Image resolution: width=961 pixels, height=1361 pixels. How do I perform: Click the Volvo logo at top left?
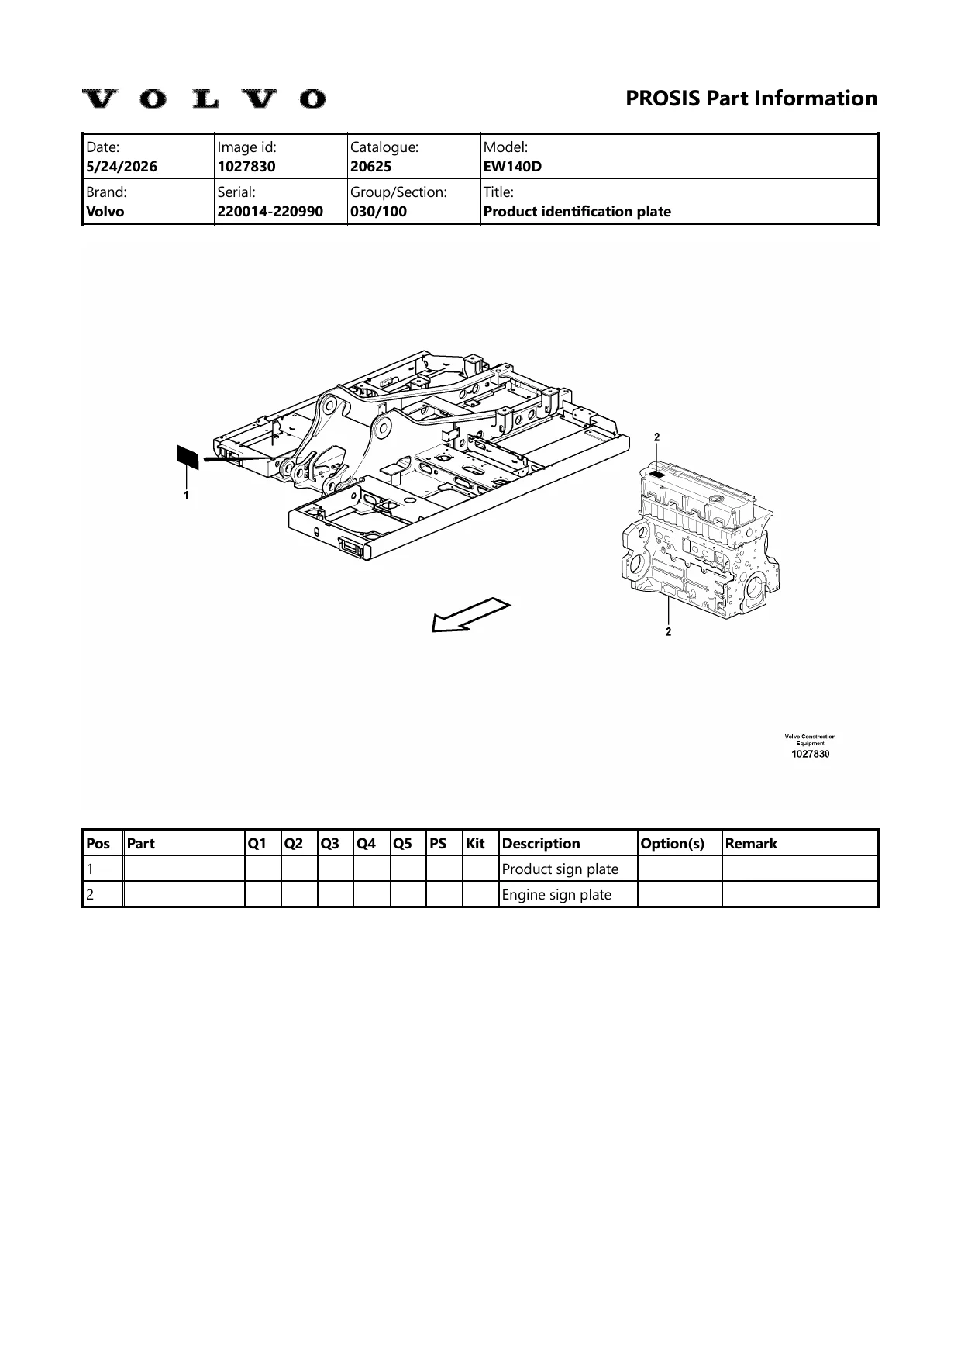click(204, 99)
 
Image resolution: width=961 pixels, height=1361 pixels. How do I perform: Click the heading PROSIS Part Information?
click(751, 98)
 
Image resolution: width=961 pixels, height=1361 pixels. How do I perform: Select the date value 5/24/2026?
click(122, 166)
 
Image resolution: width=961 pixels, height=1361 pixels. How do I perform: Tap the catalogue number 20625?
click(370, 166)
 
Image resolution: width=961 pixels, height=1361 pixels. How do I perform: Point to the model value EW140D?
click(512, 166)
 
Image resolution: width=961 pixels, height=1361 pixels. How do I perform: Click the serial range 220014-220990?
click(270, 211)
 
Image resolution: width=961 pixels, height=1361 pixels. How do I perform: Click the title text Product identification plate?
click(577, 211)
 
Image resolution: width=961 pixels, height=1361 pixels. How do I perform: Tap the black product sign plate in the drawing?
click(187, 456)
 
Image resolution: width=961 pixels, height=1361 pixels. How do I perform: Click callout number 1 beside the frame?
click(186, 494)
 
